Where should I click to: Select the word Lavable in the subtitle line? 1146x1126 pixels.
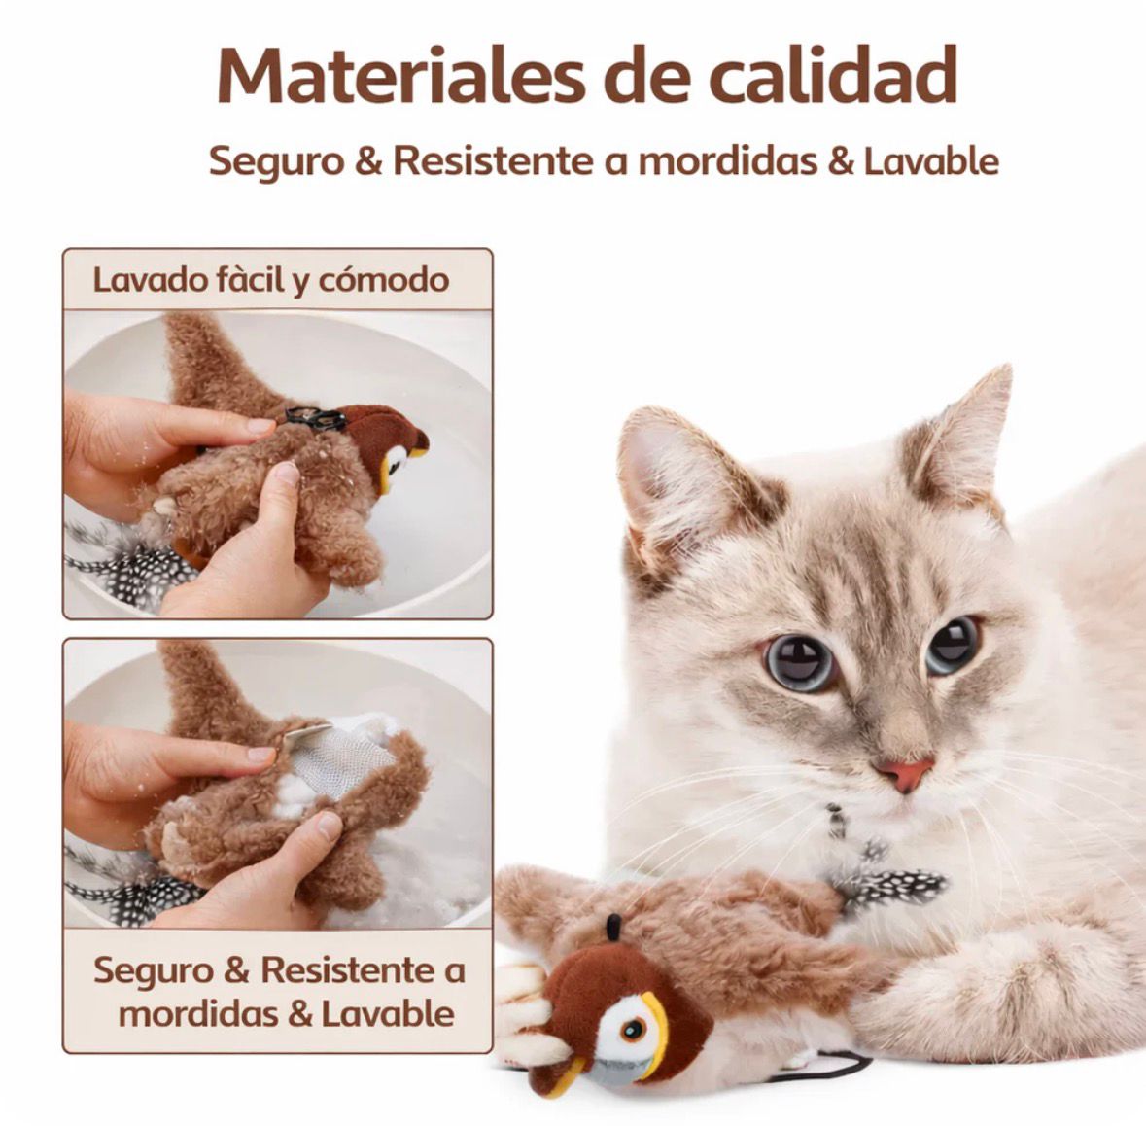point(930,160)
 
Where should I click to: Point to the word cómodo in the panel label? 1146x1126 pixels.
point(384,280)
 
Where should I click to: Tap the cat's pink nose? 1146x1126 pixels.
point(903,774)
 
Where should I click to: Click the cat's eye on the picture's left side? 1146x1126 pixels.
point(800,662)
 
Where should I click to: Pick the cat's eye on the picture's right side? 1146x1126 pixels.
point(952,643)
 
